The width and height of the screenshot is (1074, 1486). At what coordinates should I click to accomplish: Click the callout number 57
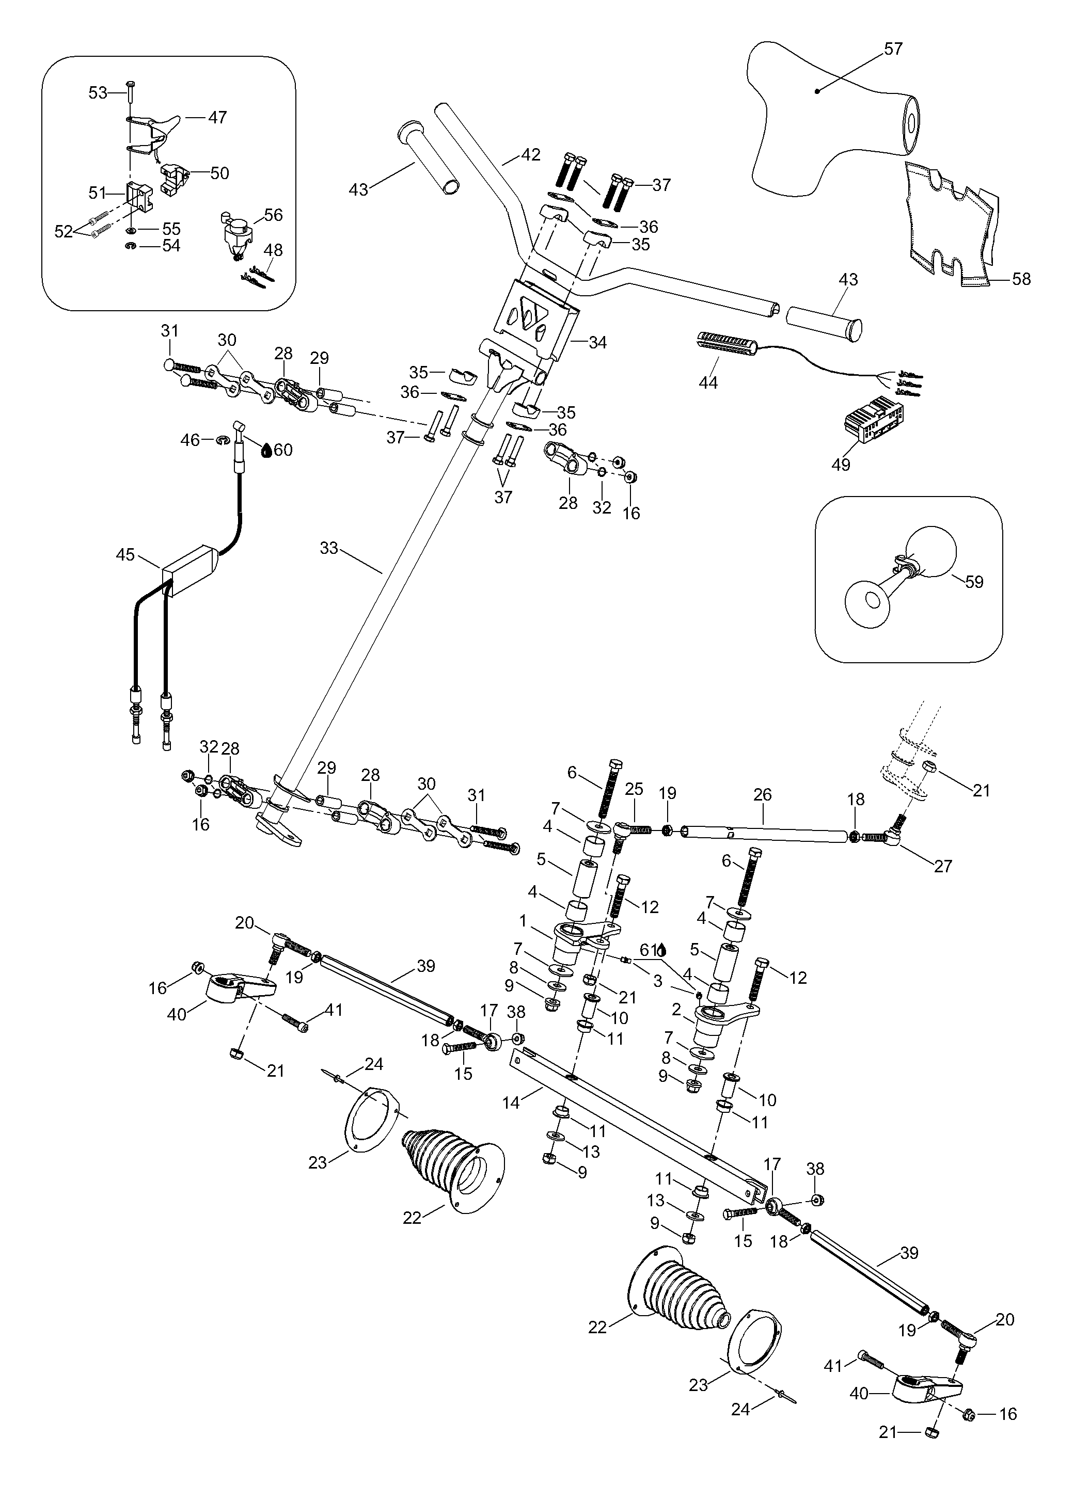893,49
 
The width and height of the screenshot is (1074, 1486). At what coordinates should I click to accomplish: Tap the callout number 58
1021,279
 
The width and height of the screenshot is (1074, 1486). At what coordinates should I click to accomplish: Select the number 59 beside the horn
974,582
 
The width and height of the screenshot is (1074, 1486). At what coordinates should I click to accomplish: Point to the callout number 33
328,548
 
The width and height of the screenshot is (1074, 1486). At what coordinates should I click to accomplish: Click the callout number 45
125,555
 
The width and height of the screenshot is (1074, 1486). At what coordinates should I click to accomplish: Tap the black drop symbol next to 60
267,450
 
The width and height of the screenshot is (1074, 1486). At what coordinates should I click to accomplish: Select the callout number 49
841,465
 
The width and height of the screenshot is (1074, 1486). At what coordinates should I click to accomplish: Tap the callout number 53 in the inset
98,93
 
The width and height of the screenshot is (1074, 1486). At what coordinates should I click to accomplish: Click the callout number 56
273,215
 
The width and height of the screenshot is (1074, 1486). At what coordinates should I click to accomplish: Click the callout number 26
762,795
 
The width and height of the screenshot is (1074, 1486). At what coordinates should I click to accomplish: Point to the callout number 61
647,949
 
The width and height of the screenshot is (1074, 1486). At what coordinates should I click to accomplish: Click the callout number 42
531,155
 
